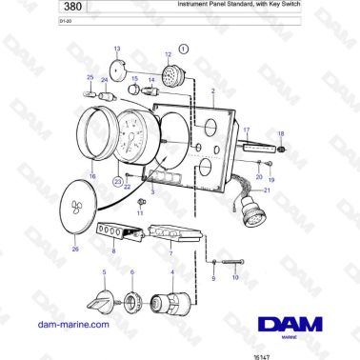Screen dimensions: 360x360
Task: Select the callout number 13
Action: [117, 49]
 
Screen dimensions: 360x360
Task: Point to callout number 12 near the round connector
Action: [168, 55]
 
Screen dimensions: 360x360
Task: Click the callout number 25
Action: [90, 78]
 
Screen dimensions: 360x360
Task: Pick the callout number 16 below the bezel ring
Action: [92, 177]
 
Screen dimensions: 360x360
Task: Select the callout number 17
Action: [246, 130]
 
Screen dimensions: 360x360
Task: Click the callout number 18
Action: [280, 133]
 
